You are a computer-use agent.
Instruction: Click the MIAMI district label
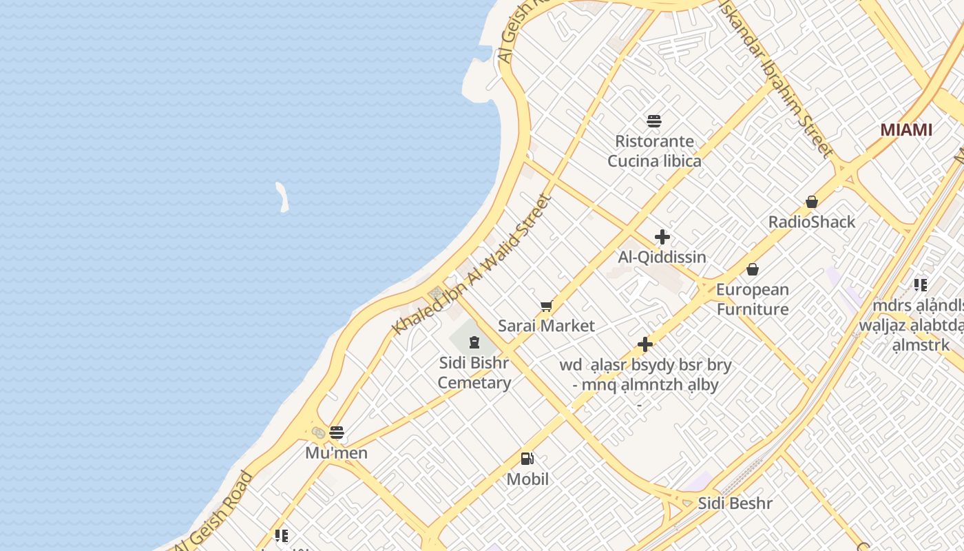coord(906,129)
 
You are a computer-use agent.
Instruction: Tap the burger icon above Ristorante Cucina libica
coord(654,122)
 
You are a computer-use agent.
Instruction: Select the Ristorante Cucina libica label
coord(654,151)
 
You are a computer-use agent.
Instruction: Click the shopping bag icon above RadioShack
coord(812,202)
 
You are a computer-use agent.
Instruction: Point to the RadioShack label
coord(812,222)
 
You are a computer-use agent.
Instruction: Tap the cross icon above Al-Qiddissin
coord(662,238)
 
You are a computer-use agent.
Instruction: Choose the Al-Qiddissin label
coord(662,257)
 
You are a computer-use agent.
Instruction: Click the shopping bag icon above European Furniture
coord(753,269)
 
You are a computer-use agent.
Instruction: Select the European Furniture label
coord(753,299)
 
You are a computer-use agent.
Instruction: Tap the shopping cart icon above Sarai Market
coord(547,306)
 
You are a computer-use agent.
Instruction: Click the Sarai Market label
coord(547,326)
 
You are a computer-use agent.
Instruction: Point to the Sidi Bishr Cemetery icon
coord(474,342)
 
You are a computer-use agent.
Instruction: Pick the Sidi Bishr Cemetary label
coord(474,373)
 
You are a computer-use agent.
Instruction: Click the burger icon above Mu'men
coord(337,433)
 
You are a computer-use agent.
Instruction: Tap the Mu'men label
coord(337,453)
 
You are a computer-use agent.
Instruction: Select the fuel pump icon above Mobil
coord(527,459)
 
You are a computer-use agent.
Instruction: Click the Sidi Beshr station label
coord(735,503)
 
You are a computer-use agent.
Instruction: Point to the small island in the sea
coord(282,197)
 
